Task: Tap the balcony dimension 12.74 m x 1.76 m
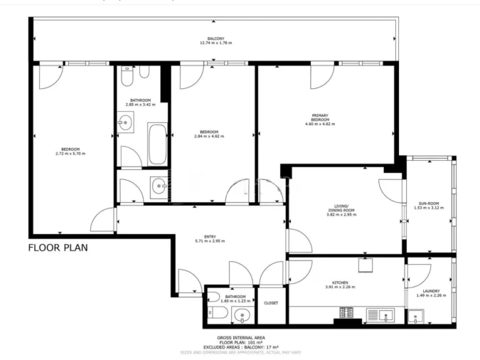point(216,43)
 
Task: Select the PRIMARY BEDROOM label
point(319,117)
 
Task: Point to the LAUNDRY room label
point(429,290)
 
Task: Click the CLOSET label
point(271,303)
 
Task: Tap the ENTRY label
point(210,236)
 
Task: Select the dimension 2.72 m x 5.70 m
point(70,153)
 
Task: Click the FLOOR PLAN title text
point(58,248)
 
